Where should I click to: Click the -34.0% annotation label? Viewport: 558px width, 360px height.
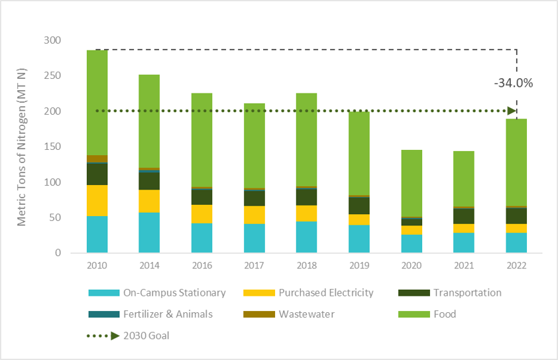coord(514,84)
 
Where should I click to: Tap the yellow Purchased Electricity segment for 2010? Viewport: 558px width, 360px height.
coord(97,200)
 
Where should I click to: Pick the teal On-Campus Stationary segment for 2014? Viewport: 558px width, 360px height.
coord(149,232)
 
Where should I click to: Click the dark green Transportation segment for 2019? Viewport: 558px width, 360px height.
coord(359,206)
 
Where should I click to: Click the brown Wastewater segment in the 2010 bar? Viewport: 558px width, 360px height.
coord(97,158)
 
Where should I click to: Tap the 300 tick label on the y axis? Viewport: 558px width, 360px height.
coord(52,40)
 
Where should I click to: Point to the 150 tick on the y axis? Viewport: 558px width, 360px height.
coord(52,147)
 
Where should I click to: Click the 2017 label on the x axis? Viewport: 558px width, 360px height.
coord(254,265)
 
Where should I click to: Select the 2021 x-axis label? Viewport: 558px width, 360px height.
coord(464,265)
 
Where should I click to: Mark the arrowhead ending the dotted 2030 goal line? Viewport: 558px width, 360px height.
coord(511,111)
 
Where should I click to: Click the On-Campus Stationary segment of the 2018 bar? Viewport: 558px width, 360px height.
coord(306,237)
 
